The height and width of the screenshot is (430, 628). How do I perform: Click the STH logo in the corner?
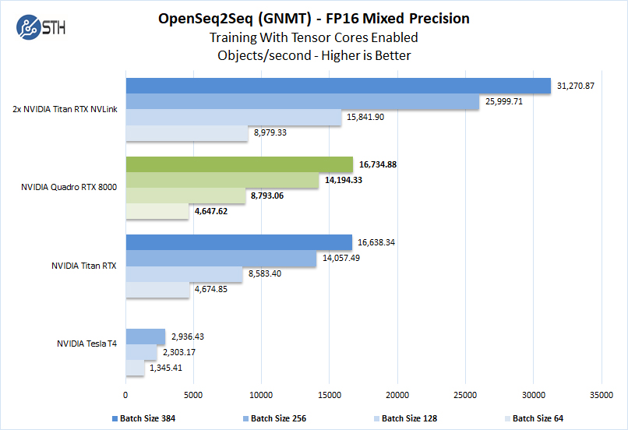pyautogui.click(x=40, y=28)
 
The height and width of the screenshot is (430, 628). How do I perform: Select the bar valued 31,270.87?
pyautogui.click(x=337, y=85)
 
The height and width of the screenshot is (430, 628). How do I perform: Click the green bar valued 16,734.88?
pyautogui.click(x=238, y=164)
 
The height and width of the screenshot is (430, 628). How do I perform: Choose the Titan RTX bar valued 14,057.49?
pyautogui.click(x=221, y=258)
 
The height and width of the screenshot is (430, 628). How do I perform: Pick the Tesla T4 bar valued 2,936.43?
pyautogui.click(x=145, y=336)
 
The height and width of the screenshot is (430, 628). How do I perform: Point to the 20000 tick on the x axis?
pyautogui.click(x=397, y=394)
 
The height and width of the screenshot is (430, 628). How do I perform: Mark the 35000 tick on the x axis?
pyautogui.click(x=601, y=394)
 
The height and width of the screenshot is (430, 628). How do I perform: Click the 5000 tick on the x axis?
pyautogui.click(x=193, y=394)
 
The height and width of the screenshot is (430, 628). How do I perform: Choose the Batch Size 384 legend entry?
pyautogui.click(x=147, y=418)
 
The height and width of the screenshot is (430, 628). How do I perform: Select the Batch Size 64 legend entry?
pyautogui.click(x=537, y=418)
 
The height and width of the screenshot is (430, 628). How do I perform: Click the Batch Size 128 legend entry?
pyautogui.click(x=409, y=418)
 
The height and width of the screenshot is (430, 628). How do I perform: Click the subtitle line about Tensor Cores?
pyautogui.click(x=314, y=37)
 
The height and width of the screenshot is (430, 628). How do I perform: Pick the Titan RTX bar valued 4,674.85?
pyautogui.click(x=157, y=289)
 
